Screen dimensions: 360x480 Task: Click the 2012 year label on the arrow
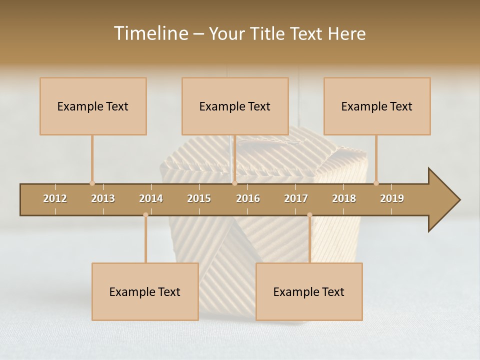click(55, 198)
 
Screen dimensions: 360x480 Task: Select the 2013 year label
click(103, 198)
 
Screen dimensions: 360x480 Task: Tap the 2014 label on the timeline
click(151, 198)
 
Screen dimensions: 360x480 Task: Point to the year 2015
click(199, 198)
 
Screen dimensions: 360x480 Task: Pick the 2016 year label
click(248, 198)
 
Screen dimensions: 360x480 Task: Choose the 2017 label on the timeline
click(296, 198)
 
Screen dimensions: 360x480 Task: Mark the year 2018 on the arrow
click(344, 198)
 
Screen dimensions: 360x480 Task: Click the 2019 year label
click(392, 198)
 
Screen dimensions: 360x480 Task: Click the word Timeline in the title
click(149, 33)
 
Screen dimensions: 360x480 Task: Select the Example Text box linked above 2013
click(93, 106)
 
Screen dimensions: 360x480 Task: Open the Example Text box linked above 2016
click(235, 106)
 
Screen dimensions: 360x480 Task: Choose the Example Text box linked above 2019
click(377, 106)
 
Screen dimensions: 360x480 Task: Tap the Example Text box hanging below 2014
click(145, 291)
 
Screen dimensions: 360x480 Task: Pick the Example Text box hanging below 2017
click(309, 291)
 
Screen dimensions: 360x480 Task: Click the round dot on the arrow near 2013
click(92, 183)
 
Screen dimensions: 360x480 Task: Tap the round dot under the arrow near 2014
click(145, 215)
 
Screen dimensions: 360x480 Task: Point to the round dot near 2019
click(376, 183)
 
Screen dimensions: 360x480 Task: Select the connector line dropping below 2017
click(309, 240)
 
